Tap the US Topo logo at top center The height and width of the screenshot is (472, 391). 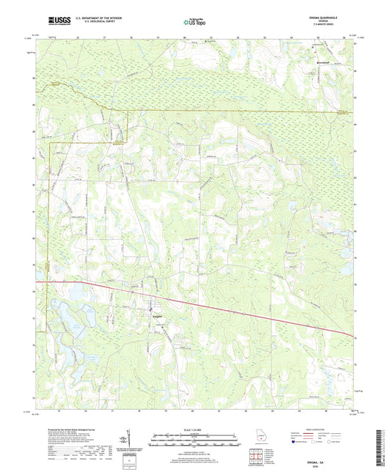point(194,23)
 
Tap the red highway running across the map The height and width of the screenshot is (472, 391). point(220,305)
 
